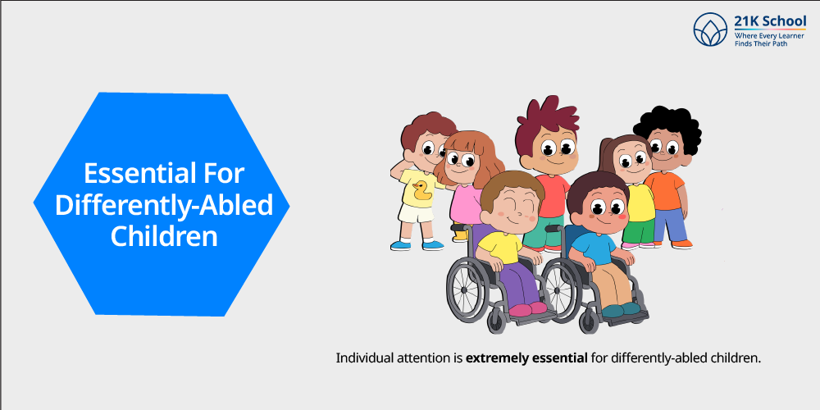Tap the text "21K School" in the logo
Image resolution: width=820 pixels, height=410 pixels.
(x=770, y=22)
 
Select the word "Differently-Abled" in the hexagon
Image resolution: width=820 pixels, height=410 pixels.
(x=163, y=204)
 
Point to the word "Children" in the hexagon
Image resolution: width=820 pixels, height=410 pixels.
(x=163, y=235)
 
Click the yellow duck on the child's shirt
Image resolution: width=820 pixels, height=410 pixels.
(x=421, y=191)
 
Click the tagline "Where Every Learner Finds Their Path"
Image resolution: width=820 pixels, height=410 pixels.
(x=770, y=39)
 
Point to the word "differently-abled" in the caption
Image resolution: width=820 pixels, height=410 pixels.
(x=670, y=358)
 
